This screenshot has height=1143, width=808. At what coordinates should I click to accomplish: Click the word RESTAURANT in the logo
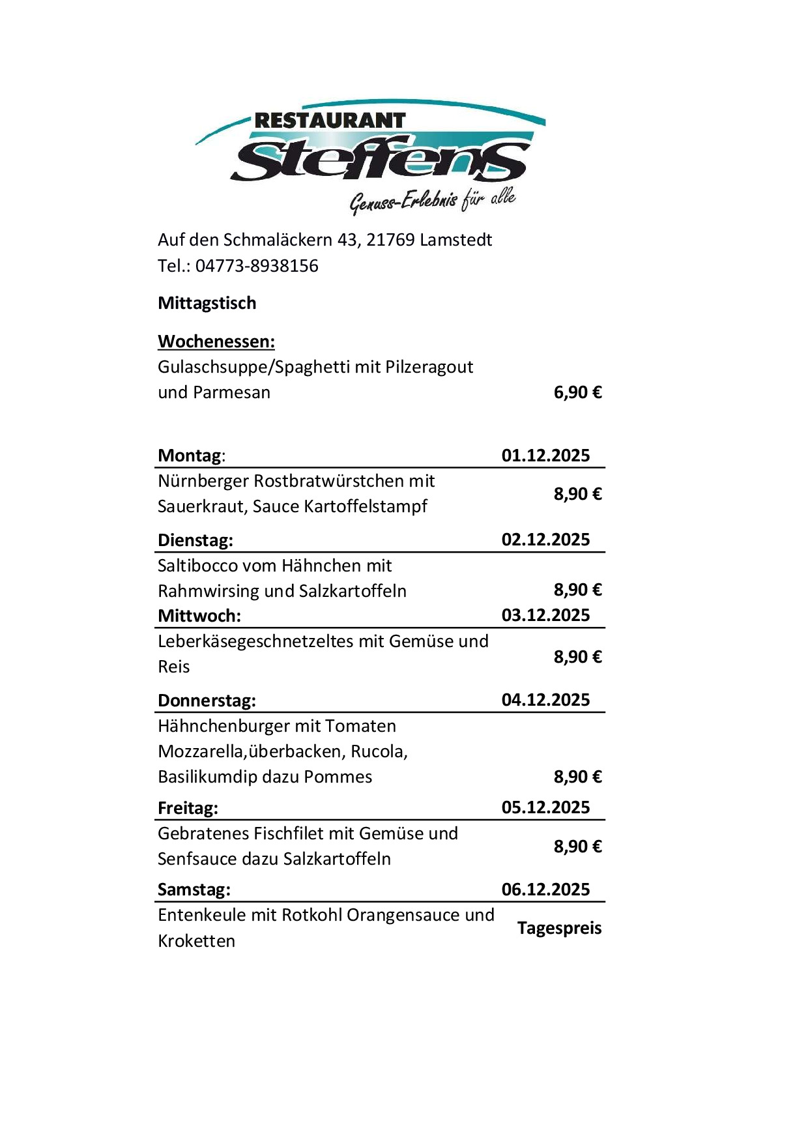(x=330, y=121)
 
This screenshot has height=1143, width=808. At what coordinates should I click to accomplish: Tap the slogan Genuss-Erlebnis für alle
(x=433, y=199)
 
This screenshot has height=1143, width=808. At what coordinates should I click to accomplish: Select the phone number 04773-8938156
(x=257, y=266)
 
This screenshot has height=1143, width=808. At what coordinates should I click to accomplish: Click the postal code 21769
(x=390, y=240)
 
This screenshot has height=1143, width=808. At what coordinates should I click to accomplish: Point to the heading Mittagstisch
(x=207, y=303)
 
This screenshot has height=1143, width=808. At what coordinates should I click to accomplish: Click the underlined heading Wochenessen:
(x=216, y=341)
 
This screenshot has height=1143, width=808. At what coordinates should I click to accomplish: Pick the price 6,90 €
(x=577, y=392)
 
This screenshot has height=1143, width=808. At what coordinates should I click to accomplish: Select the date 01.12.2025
(x=545, y=455)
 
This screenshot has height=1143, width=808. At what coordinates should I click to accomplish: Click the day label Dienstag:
(x=195, y=540)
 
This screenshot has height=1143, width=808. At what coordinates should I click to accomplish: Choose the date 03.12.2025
(x=545, y=615)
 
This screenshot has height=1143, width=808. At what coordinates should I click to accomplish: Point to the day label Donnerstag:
(x=207, y=701)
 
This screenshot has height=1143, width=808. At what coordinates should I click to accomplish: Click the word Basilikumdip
(x=207, y=777)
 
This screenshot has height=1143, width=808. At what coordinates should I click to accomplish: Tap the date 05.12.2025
(x=545, y=807)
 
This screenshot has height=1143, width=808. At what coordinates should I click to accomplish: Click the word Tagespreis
(x=559, y=928)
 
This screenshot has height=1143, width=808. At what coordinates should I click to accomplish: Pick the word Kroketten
(x=196, y=941)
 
